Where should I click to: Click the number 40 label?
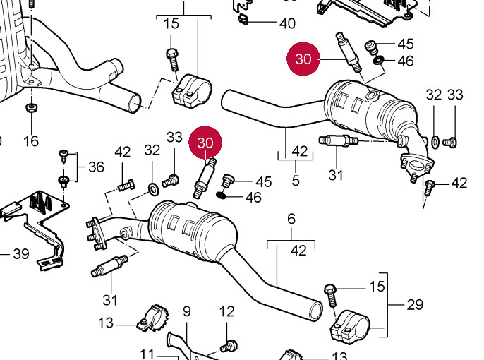click(286, 23)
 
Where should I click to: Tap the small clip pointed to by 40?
click(242, 17)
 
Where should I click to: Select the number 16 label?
click(30, 141)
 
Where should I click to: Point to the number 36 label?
click(96, 167)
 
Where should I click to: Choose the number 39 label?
click(20, 253)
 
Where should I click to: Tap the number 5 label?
click(296, 181)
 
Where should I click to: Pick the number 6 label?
click(187, 311)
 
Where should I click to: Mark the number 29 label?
click(415, 305)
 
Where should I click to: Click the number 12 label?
click(226, 311)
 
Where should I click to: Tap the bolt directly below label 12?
click(227, 346)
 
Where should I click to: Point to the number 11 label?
click(147, 353)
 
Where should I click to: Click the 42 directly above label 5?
click(299, 150)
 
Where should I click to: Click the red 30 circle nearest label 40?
click(303, 59)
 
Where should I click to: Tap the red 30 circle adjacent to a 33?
click(205, 143)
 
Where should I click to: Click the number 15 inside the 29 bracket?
click(377, 286)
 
